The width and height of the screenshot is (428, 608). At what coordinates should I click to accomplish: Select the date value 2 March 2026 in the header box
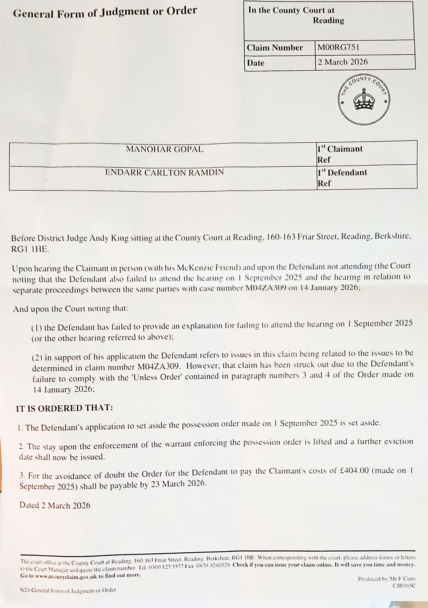342,62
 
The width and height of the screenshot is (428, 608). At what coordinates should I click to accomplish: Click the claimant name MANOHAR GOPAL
164,149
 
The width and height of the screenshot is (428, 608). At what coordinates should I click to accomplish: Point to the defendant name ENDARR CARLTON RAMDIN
164,172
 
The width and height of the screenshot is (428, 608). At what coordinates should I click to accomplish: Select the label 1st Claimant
340,149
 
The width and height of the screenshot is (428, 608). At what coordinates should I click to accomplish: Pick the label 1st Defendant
342,173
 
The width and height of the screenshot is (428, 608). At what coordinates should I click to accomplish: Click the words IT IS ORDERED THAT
65,408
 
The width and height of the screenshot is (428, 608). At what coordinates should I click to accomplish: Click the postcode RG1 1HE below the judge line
30,249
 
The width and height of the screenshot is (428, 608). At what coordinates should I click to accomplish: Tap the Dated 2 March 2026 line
55,505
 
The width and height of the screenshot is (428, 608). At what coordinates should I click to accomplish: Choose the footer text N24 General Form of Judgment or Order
68,590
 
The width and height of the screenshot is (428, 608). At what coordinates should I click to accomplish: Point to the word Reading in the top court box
328,20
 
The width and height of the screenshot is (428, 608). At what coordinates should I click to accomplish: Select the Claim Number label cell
275,47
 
